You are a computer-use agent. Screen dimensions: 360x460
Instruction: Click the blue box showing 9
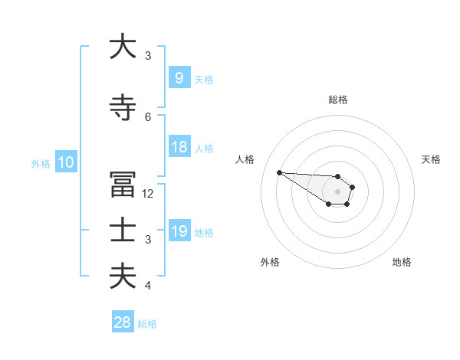click(179, 77)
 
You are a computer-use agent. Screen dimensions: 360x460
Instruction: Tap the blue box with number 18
click(179, 147)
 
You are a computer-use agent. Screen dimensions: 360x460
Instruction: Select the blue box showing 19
click(179, 231)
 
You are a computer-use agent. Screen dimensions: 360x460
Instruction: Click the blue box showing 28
click(122, 322)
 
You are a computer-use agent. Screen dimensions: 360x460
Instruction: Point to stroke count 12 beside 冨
click(149, 194)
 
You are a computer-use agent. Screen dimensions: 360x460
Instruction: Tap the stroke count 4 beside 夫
click(148, 286)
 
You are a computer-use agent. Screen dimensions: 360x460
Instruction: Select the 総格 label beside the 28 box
click(147, 324)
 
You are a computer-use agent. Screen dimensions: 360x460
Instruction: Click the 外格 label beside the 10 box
click(41, 163)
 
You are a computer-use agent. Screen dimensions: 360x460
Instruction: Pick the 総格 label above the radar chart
click(338, 100)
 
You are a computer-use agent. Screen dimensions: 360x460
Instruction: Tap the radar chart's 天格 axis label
click(432, 159)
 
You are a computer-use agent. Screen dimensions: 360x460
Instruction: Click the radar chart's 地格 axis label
click(402, 262)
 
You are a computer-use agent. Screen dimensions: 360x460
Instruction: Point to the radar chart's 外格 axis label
click(270, 262)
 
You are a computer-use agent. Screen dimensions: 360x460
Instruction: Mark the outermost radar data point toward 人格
click(279, 172)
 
